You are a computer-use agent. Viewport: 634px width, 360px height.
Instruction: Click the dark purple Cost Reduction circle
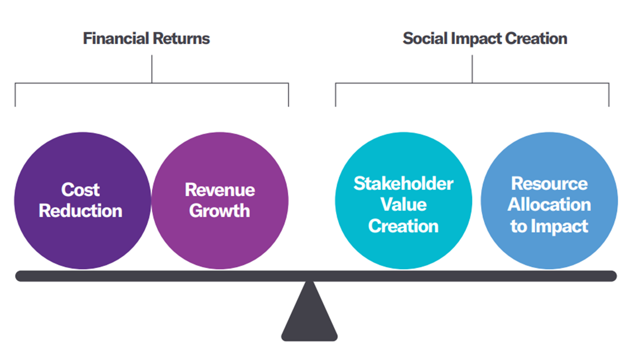pos(83,200)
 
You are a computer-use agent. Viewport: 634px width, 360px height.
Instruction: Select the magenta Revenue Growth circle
pos(220,200)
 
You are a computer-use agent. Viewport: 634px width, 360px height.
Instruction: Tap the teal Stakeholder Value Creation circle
pos(404,200)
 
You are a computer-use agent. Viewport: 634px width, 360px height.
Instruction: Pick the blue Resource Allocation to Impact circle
pos(549,200)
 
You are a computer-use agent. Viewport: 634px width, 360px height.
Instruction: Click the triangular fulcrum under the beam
pos(309,311)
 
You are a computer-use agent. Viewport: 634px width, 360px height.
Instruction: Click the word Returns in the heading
pos(181,39)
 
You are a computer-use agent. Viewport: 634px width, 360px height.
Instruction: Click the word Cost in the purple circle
pos(80,190)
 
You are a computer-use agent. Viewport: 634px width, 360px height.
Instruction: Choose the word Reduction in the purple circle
pos(80,211)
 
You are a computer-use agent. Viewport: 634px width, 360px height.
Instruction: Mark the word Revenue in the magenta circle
pos(220,190)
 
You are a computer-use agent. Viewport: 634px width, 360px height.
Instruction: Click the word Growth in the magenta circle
pos(219,211)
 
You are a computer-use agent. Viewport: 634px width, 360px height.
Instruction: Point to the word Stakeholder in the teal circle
pos(404,183)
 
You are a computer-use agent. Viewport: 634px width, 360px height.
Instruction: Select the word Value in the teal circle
pos(404,204)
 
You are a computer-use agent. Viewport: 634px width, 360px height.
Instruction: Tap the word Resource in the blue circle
pos(550,183)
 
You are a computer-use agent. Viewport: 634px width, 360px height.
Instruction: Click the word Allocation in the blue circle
pos(550,204)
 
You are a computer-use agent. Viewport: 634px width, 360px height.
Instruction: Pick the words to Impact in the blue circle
pos(549,226)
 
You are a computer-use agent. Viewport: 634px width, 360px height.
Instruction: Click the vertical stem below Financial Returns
pos(152,69)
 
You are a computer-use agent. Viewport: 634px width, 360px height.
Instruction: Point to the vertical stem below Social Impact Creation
pos(472,69)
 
